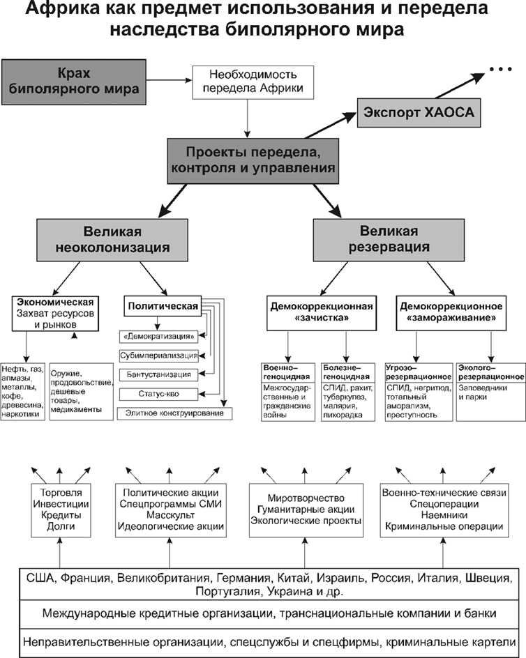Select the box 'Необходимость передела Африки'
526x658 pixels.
[x=249, y=82]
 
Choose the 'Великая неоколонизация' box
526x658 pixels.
[x=114, y=238]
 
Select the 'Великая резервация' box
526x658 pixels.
[x=389, y=238]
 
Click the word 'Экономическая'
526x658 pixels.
[x=55, y=302]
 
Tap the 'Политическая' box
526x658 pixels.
[x=162, y=305]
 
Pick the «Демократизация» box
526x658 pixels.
[x=160, y=335]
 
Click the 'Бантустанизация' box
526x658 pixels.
[x=160, y=374]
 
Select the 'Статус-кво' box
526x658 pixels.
[x=160, y=395]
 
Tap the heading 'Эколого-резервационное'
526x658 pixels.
[x=490, y=372]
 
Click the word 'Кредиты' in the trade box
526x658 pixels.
[x=61, y=514]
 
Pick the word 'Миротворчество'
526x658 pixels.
[x=306, y=498]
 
